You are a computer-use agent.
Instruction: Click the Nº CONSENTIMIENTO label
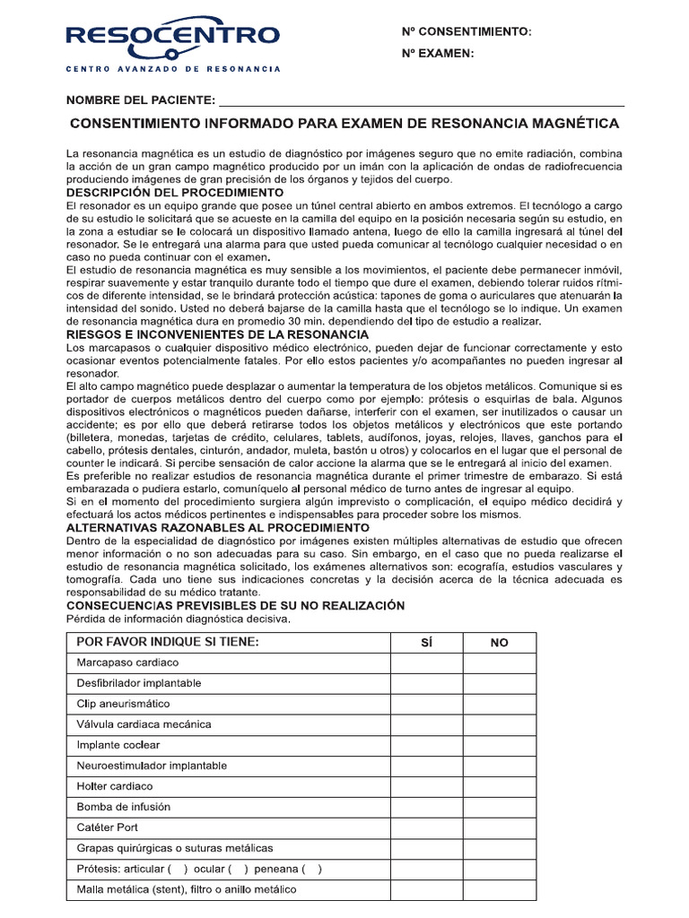tap(466, 32)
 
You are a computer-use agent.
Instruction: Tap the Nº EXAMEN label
tap(436, 54)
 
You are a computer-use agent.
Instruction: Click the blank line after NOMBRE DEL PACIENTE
tap(422, 100)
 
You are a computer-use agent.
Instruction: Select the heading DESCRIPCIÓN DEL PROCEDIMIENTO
tap(175, 193)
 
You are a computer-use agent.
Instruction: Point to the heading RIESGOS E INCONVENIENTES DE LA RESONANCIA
tap(205, 334)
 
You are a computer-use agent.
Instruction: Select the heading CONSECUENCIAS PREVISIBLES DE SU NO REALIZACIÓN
tap(235, 606)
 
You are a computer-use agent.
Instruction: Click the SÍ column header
tap(426, 643)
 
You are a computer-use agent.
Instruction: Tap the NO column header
tap(499, 643)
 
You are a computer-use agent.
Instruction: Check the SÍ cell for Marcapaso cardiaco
tap(426, 663)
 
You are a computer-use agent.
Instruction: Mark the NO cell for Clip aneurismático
tap(499, 704)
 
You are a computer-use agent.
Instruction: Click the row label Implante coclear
tap(118, 745)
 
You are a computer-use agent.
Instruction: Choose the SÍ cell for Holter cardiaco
tap(426, 786)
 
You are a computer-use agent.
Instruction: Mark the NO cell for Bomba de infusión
tap(499, 807)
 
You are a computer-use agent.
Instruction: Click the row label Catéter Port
tap(108, 827)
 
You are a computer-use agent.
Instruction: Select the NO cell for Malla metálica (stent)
tap(499, 889)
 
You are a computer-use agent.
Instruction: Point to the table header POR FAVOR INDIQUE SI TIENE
tap(168, 642)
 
